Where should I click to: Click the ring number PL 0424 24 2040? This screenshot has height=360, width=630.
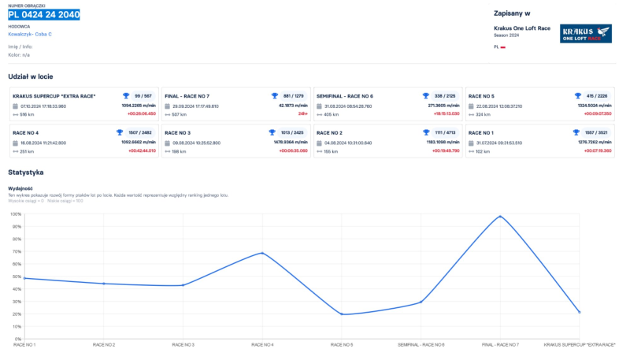44,15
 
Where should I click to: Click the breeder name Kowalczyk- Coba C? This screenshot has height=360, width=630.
30,34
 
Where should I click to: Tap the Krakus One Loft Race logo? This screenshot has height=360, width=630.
585,33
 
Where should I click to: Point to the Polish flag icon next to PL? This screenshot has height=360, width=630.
503,47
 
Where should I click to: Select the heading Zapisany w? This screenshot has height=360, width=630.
511,13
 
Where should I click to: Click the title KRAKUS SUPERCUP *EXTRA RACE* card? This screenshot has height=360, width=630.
54,95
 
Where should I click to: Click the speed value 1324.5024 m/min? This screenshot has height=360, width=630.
595,105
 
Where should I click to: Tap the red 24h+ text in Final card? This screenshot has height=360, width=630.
302,113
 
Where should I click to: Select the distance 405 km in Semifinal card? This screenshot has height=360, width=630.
332,113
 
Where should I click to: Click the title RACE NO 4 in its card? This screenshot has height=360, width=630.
26,132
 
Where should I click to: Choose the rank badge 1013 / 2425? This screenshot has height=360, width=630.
292,132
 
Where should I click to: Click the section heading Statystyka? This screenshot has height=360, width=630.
25,172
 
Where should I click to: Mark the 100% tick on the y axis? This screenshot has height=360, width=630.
15,213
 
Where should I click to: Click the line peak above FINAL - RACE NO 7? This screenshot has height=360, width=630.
500,216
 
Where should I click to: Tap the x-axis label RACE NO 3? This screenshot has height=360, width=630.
183,345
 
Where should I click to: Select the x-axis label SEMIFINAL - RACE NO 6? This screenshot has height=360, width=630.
421,345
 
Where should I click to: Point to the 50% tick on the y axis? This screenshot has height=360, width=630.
16,276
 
